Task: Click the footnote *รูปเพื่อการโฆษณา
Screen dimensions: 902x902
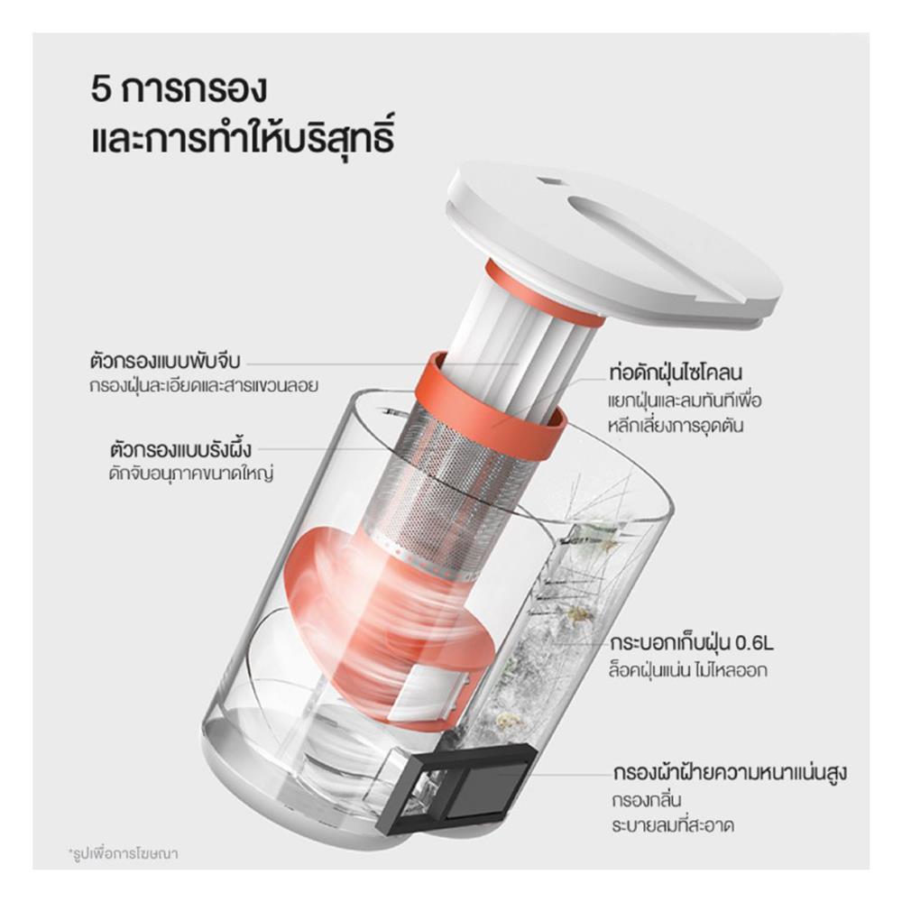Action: (123, 851)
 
